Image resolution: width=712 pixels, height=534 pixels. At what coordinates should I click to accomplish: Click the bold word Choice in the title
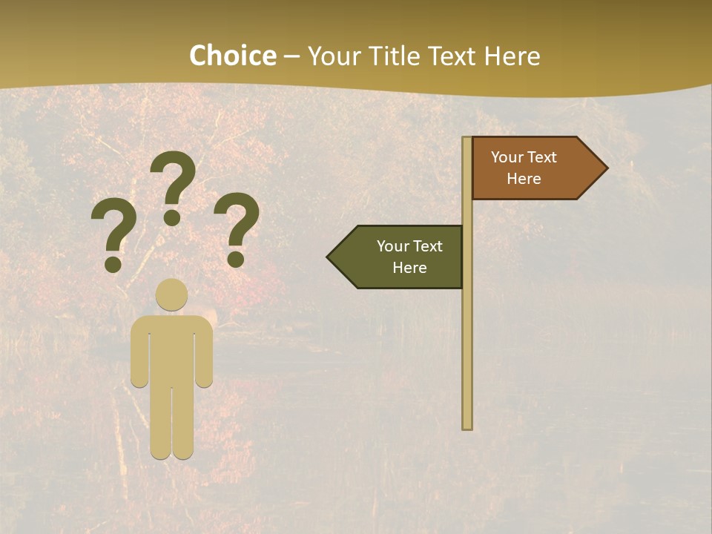tap(232, 56)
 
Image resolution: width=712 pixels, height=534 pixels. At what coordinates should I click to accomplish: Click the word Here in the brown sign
tap(524, 179)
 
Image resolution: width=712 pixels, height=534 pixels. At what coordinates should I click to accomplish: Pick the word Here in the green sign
tap(409, 268)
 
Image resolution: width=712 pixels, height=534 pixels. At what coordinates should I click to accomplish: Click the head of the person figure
tap(172, 294)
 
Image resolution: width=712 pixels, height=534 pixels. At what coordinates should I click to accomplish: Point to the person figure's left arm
tap(139, 356)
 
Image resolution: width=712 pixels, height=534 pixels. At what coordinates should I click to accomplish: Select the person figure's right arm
tap(205, 356)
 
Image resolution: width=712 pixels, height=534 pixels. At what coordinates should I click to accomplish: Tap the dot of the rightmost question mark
tap(236, 259)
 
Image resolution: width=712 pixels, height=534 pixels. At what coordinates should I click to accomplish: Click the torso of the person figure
tap(172, 349)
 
